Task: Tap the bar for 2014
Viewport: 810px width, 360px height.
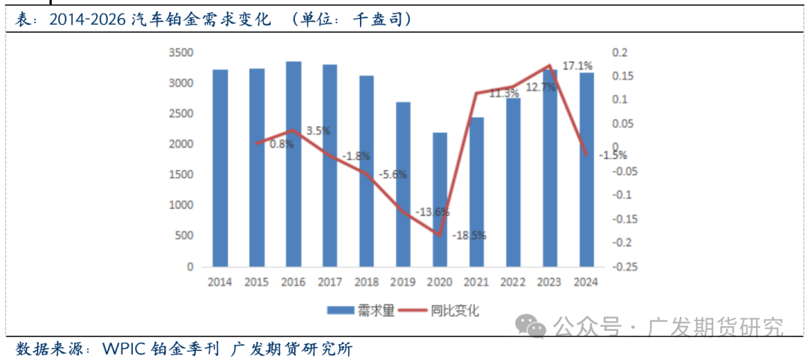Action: pos(220,168)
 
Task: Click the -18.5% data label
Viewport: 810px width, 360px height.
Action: pos(469,235)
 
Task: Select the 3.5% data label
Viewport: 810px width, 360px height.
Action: pos(319,130)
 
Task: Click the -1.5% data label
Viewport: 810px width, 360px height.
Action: pos(613,155)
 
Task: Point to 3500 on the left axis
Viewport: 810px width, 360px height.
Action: pos(181,52)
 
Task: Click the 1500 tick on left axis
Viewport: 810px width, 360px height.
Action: pos(181,175)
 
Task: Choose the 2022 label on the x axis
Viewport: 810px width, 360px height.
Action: pos(513,283)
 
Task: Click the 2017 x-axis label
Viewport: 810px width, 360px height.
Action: pos(330,283)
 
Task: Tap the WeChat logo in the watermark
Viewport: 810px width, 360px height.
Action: pos(535,327)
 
